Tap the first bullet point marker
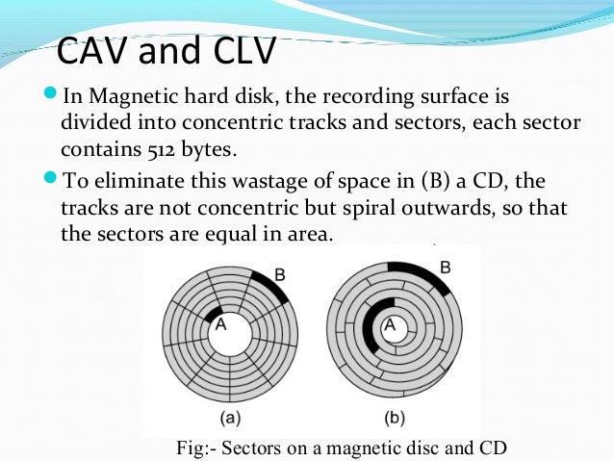[51, 96]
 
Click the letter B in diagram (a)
[280, 274]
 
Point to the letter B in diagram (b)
[445, 267]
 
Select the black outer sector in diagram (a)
[269, 286]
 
